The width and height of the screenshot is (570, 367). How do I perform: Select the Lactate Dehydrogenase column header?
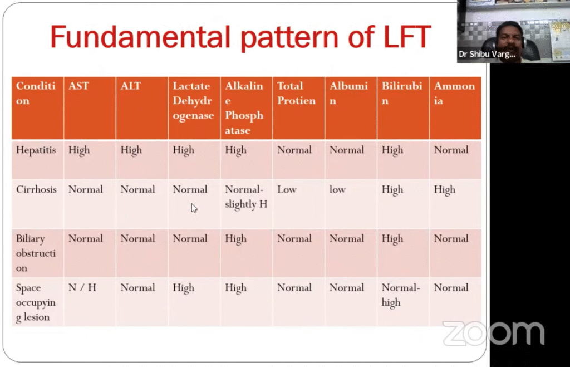193,101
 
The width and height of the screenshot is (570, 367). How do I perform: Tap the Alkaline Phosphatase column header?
244,108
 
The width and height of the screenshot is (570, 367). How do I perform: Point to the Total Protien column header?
296,94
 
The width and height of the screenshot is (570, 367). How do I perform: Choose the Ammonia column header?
454,94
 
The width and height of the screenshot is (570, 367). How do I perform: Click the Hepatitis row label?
36,150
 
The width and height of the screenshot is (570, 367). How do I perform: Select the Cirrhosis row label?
36,189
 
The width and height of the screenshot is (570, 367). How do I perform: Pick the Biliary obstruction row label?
36,253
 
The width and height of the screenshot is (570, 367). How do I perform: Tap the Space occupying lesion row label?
36,302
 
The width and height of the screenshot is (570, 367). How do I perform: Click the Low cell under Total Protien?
287,189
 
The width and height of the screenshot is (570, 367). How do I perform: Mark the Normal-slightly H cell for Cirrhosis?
246,197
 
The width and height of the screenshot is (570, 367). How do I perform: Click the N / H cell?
82,288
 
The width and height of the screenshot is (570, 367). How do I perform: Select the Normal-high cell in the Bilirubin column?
401,295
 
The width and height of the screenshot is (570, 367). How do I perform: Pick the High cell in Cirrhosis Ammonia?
444,190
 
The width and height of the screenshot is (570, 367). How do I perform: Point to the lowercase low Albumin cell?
337,189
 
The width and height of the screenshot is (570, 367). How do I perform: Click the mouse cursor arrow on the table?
194,208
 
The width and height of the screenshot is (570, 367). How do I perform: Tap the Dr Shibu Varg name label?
487,54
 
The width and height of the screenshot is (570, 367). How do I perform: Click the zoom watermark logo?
493,333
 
